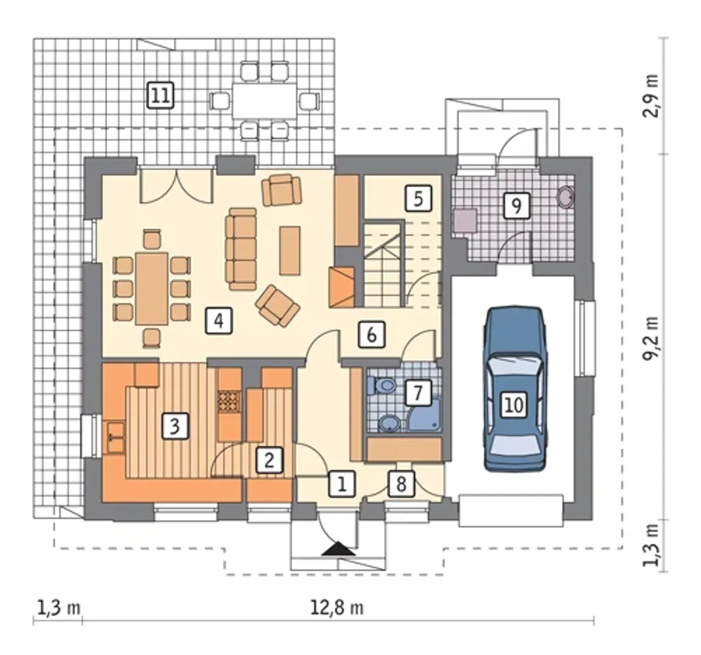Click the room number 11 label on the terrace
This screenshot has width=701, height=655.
point(160,95)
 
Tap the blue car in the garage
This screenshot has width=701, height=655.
point(515,389)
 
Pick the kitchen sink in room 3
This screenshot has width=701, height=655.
point(114,438)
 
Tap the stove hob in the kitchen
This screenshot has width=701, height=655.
point(229,402)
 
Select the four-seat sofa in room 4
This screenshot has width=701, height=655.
point(242,249)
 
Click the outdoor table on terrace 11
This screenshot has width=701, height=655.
point(264,101)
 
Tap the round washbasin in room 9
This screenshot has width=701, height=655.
point(566,196)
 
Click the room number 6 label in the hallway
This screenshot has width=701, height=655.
point(371,335)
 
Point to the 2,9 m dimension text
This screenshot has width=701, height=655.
point(650,101)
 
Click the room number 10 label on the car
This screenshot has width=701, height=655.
point(514,405)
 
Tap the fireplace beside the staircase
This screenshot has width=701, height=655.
point(341,287)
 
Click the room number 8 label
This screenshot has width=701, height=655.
point(401,484)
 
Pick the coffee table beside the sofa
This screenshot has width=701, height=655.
point(290,250)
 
